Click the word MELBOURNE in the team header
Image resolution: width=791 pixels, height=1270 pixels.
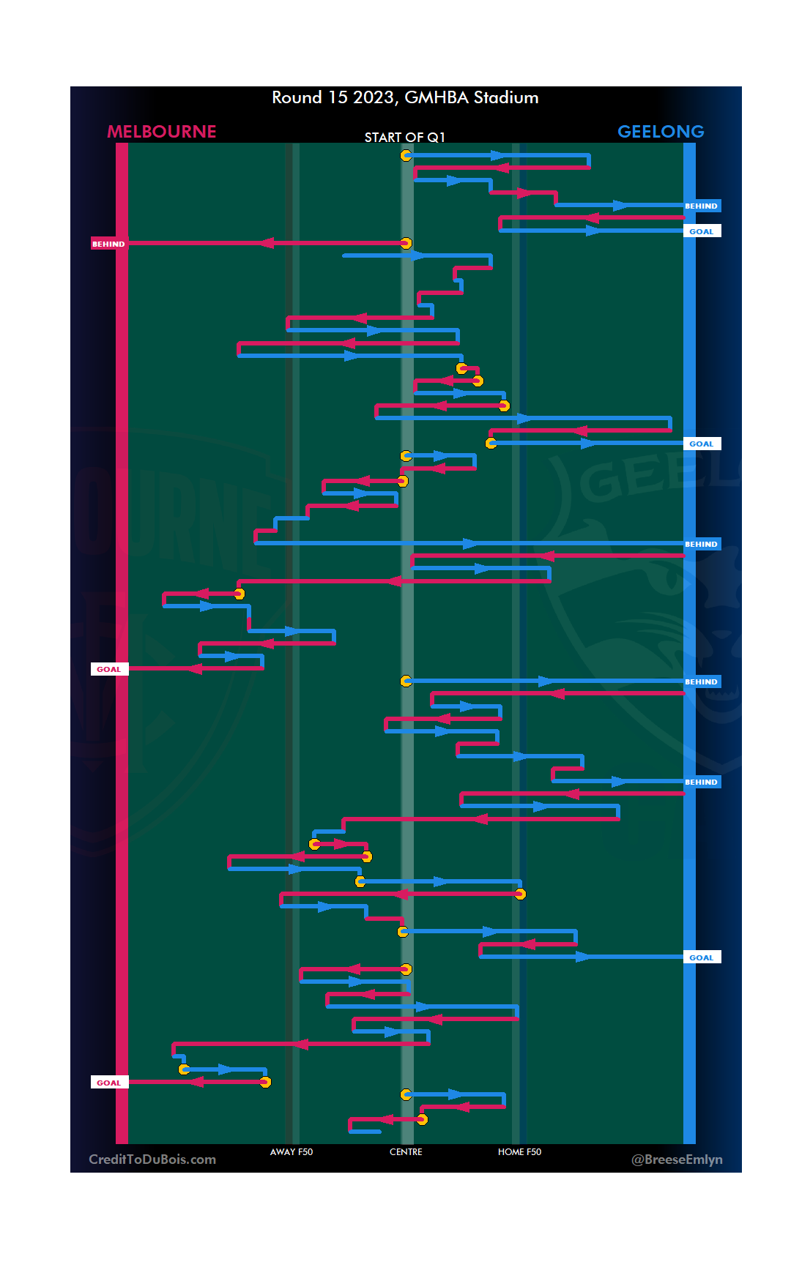161,132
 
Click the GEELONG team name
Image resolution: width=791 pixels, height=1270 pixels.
661,132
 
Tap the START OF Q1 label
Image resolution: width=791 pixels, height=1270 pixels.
404,138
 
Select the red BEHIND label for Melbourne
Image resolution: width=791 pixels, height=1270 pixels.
108,244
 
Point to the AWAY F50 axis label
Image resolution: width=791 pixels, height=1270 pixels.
291,1151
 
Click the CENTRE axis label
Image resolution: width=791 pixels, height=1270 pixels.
406,1151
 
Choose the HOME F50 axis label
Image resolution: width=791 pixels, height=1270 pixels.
519,1151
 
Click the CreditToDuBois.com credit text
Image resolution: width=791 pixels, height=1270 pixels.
152,1159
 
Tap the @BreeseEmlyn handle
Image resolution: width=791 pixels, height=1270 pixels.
677,1159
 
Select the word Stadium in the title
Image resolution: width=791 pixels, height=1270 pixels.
506,98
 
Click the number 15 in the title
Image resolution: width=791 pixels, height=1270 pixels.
338,98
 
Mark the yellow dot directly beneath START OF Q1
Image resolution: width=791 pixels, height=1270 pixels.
406,155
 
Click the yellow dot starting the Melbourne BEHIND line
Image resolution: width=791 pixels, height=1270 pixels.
406,243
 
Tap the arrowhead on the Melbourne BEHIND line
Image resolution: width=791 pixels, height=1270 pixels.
267,243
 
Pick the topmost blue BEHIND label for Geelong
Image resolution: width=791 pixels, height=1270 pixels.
701,206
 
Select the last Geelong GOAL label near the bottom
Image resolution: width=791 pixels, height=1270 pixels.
701,957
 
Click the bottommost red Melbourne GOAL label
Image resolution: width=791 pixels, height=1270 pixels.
108,1083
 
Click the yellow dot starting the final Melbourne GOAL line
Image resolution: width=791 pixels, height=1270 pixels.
265,1082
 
